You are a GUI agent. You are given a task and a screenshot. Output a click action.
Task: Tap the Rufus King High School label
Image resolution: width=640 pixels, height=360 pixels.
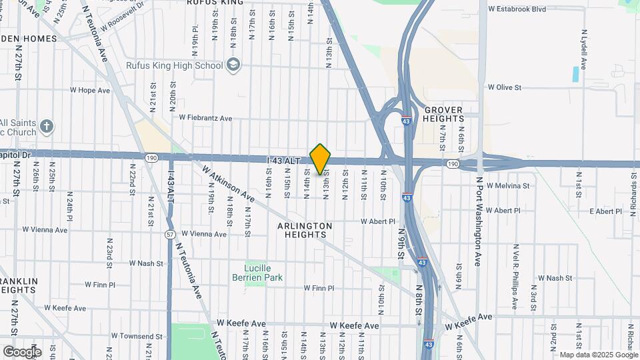pyautogui.click(x=174, y=65)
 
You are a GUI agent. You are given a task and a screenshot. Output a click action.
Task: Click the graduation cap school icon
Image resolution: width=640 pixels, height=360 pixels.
pyautogui.click(x=233, y=65)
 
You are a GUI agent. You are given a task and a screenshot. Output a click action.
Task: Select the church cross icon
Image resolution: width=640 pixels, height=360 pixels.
pyautogui.click(x=46, y=126)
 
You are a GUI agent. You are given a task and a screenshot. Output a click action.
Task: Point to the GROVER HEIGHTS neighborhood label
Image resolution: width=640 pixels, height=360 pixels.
pyautogui.click(x=443, y=114)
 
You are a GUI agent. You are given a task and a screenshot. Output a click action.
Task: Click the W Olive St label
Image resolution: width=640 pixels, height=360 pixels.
pyautogui.click(x=504, y=87)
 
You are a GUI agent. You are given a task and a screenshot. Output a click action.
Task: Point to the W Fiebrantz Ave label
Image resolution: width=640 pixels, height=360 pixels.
pyautogui.click(x=205, y=118)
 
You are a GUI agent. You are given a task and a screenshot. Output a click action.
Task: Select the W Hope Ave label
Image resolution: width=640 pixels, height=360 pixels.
pyautogui.click(x=89, y=90)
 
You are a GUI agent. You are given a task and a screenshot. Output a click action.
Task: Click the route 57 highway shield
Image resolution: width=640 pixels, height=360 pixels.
pyautogui.click(x=171, y=234)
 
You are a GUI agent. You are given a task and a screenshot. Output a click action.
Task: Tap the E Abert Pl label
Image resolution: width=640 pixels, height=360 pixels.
pyautogui.click(x=605, y=211)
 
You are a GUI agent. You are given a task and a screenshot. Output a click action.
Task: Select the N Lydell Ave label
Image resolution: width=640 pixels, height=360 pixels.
pyautogui.click(x=583, y=49)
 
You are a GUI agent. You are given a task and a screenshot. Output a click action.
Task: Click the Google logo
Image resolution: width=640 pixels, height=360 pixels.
pyautogui.click(x=22, y=351)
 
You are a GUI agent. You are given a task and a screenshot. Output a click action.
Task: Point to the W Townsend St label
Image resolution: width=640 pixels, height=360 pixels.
pyautogui.click(x=137, y=336)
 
